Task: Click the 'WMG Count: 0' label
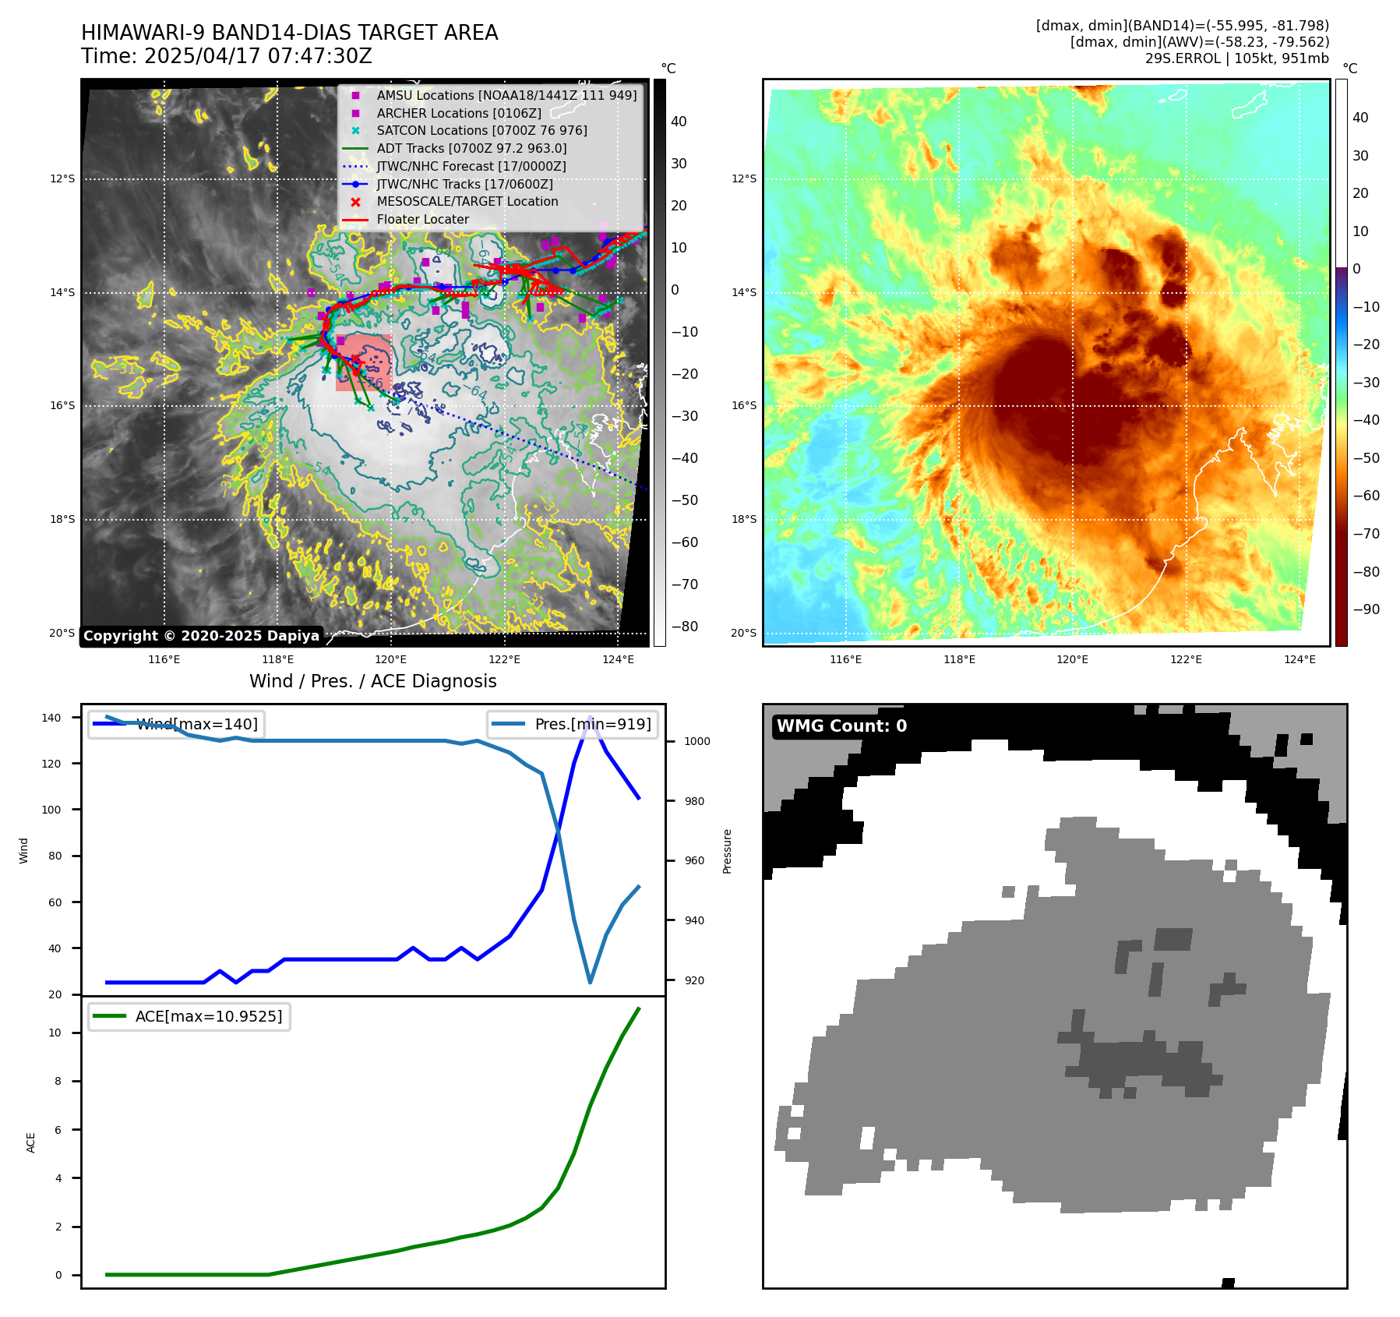click(x=841, y=726)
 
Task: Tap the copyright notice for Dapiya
click(x=201, y=636)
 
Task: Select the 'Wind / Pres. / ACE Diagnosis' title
click(x=372, y=681)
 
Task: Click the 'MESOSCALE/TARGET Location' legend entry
click(x=467, y=201)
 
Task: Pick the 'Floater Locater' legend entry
click(x=422, y=219)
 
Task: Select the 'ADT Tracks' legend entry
click(x=471, y=148)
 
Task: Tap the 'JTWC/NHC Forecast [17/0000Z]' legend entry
click(x=471, y=166)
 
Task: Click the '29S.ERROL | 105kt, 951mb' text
click(x=1236, y=58)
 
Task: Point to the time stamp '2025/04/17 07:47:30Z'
click(x=258, y=57)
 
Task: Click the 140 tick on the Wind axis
click(x=51, y=718)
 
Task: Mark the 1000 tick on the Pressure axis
click(x=696, y=741)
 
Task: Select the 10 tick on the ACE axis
click(x=55, y=1033)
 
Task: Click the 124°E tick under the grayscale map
click(x=618, y=659)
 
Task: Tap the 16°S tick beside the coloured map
click(x=743, y=405)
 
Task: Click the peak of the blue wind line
click(x=591, y=717)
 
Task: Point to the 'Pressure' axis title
click(x=727, y=851)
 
